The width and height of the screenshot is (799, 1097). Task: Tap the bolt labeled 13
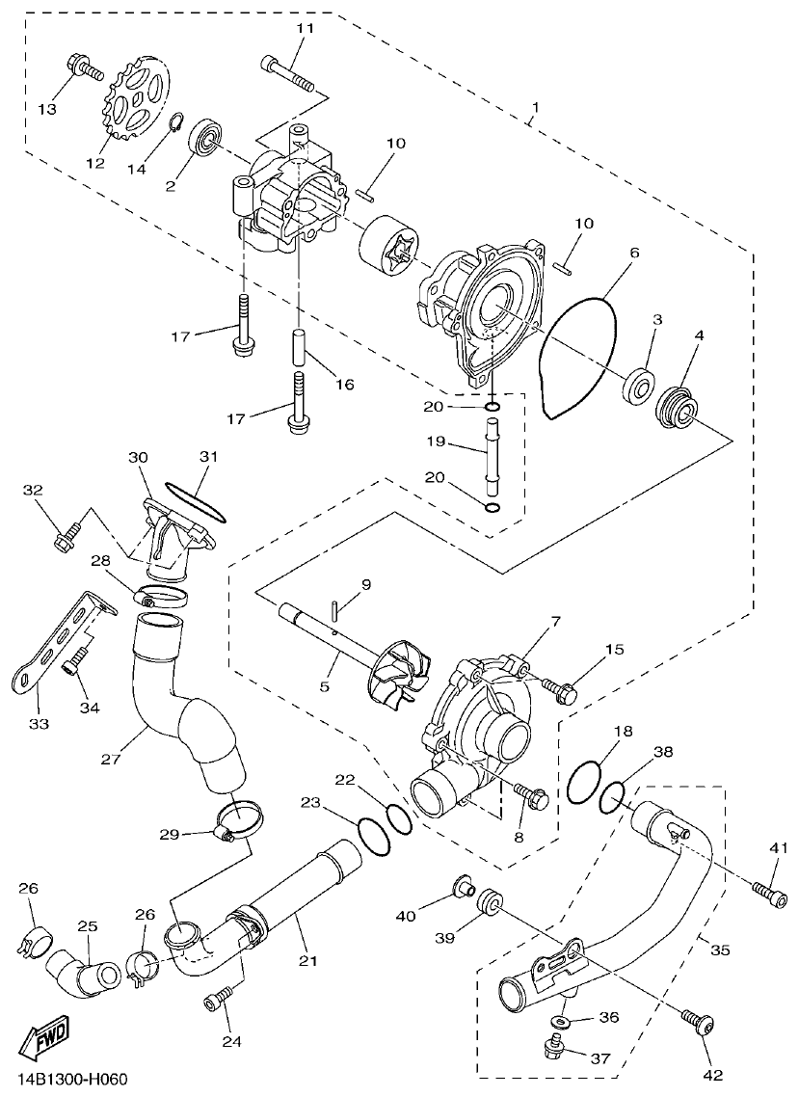[x=84, y=68]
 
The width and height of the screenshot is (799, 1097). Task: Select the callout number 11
[x=305, y=29]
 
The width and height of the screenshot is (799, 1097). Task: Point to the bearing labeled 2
[x=206, y=139]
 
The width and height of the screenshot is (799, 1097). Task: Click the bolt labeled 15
[x=559, y=688]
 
